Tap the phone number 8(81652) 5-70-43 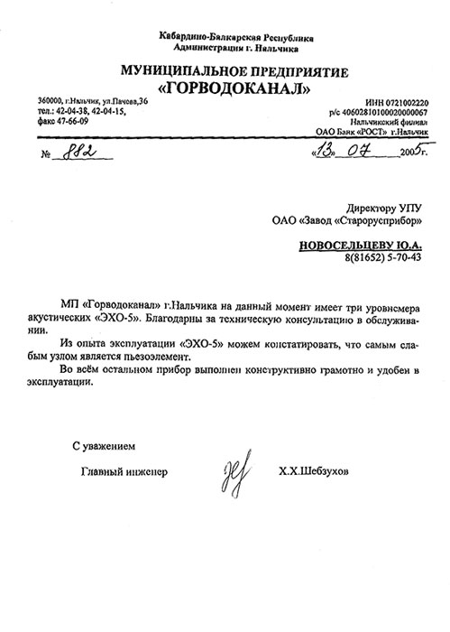[x=382, y=258]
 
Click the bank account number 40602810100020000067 [x=384, y=113]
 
